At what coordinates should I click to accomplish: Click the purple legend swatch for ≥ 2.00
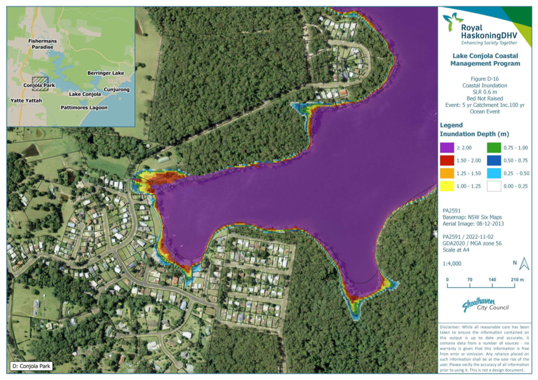447,148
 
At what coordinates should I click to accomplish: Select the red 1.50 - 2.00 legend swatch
447,161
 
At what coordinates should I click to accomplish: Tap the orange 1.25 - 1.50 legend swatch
447,173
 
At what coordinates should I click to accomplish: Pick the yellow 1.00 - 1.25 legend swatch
447,186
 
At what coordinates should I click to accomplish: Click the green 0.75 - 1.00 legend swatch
494,148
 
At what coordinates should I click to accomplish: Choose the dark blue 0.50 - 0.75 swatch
494,161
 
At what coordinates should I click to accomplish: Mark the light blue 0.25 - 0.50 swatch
494,173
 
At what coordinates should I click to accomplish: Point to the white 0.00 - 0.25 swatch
494,186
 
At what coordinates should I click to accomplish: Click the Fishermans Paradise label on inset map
42,44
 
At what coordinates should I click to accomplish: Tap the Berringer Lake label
105,73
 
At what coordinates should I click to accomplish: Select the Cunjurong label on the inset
117,90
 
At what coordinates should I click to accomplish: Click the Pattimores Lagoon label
84,108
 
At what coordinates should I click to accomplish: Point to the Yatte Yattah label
26,100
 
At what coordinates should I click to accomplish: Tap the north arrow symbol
524,264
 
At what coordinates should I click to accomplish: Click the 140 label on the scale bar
492,280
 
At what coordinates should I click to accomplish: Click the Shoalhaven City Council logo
485,305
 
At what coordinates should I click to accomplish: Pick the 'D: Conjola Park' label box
32,366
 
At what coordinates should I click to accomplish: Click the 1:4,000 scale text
452,263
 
